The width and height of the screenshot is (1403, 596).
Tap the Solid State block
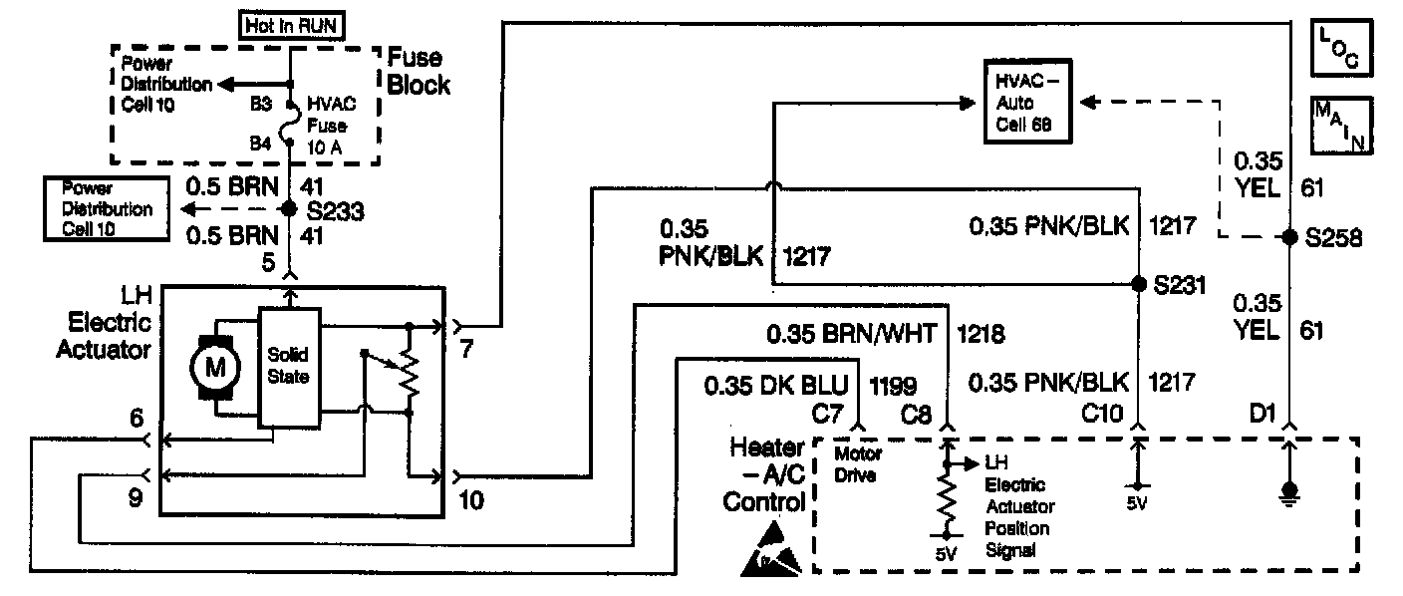point(290,366)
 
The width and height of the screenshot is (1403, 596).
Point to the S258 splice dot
point(1288,238)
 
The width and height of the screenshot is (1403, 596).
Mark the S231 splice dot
point(1139,283)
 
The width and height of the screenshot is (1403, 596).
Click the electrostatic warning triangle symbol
point(772,551)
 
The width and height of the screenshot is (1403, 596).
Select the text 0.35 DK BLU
point(778,384)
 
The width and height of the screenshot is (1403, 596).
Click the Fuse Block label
point(419,72)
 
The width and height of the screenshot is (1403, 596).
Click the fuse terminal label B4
point(261,144)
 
